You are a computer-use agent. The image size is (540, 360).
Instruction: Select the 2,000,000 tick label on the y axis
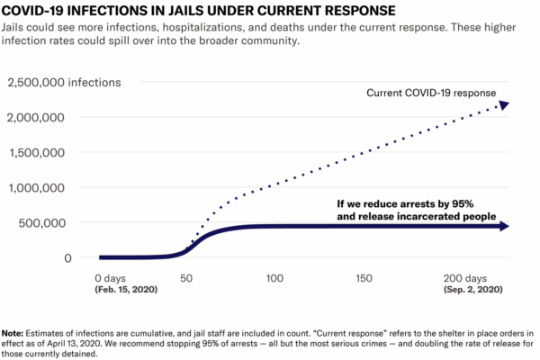pyautogui.click(x=35, y=118)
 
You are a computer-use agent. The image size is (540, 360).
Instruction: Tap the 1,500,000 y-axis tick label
pyautogui.click(x=35, y=153)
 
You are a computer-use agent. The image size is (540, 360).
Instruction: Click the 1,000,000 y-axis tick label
pyautogui.click(x=35, y=188)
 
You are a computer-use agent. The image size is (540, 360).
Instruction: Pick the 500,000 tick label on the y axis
pyautogui.click(x=40, y=222)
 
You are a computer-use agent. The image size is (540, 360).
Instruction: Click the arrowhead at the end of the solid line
pyautogui.click(x=503, y=227)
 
